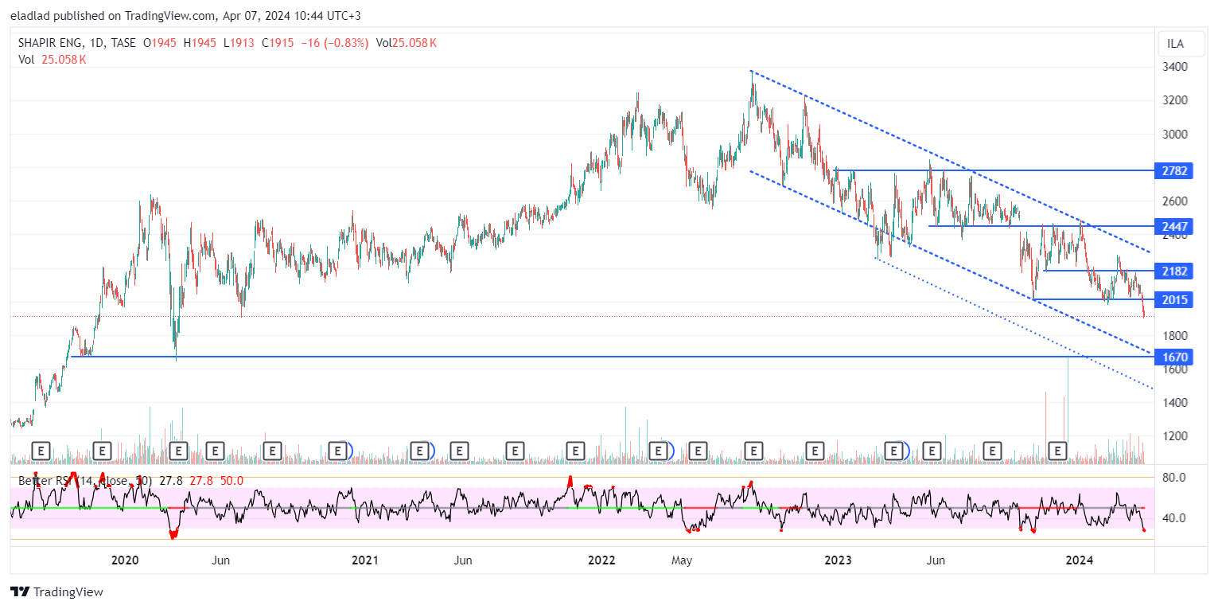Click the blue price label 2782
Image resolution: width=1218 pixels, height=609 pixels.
pos(1174,170)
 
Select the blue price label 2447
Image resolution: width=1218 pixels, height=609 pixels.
pos(1174,227)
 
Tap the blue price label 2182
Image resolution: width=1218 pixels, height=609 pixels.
pos(1174,271)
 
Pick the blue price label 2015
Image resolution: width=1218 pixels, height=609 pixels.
pos(1174,299)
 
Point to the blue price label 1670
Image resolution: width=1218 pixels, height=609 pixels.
pos(1174,357)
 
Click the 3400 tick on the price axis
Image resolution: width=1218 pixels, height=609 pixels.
pos(1174,67)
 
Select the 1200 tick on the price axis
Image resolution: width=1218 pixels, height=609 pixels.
pos(1174,436)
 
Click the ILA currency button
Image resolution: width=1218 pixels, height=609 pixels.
pos(1174,43)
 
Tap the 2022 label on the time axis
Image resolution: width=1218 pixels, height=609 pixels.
pos(601,560)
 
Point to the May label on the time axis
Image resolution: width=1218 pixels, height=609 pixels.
pos(681,560)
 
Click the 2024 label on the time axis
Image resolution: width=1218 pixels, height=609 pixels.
pos(1080,560)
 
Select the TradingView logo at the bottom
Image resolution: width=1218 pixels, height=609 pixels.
pos(56,592)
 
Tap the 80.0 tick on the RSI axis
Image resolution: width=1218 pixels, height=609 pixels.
pos(1174,478)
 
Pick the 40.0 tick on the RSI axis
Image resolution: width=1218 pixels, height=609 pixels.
pos(1174,518)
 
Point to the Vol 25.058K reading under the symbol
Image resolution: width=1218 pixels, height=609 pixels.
pos(52,60)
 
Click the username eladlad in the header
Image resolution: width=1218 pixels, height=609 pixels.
pos(33,16)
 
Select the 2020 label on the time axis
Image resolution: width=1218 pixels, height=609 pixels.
pos(125,560)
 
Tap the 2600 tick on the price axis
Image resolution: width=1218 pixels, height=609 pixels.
pos(1174,201)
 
